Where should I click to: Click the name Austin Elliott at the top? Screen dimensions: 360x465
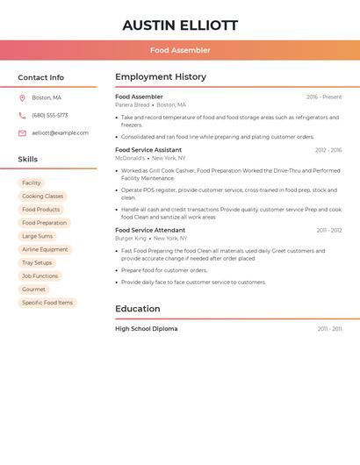(x=180, y=25)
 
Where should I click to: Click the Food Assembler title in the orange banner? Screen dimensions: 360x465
(x=180, y=50)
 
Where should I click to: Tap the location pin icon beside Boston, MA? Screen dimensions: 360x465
(x=22, y=97)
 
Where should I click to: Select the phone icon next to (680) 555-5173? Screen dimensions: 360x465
(x=22, y=115)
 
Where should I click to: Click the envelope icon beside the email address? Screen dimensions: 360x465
(x=22, y=133)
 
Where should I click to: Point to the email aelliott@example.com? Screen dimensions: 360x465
(x=60, y=133)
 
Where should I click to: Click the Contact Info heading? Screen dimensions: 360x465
(x=41, y=77)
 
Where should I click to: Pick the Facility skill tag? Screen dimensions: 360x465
(x=32, y=182)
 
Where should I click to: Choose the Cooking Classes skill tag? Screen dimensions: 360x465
(x=42, y=197)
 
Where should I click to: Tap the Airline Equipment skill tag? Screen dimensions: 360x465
(x=45, y=249)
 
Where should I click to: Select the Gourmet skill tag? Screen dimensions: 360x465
(x=33, y=290)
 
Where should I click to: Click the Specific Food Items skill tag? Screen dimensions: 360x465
(x=47, y=303)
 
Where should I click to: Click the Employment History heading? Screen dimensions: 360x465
(x=161, y=77)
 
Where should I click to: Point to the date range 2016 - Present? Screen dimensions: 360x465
(x=324, y=97)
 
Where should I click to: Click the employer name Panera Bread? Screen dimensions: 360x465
(x=132, y=105)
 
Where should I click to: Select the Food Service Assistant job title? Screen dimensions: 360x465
(x=148, y=150)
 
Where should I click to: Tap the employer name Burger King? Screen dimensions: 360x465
(x=131, y=239)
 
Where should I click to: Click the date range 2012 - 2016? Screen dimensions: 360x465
(x=328, y=150)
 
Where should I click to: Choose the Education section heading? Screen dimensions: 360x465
(x=138, y=309)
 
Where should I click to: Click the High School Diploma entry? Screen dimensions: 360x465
(x=146, y=329)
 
